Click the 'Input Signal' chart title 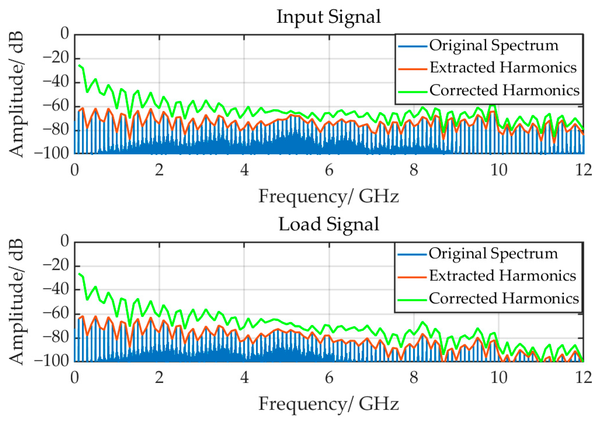tap(329, 17)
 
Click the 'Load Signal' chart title tap(329, 224)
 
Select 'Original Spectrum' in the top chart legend tap(493, 46)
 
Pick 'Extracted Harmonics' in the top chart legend tap(503, 68)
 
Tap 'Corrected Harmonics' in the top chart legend tap(504, 90)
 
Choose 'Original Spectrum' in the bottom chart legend tap(493, 254)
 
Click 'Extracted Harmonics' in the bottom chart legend tap(502, 276)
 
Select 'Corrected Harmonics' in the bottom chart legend tap(504, 298)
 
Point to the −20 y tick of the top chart tap(56, 58)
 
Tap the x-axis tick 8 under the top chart tap(414, 170)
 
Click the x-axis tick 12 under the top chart tap(583, 170)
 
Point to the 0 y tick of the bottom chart tap(65, 241)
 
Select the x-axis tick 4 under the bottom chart tap(244, 378)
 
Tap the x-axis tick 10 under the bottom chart tap(499, 378)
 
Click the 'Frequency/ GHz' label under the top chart tap(329, 196)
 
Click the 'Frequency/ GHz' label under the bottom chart tap(329, 404)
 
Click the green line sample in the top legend tap(412, 92)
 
